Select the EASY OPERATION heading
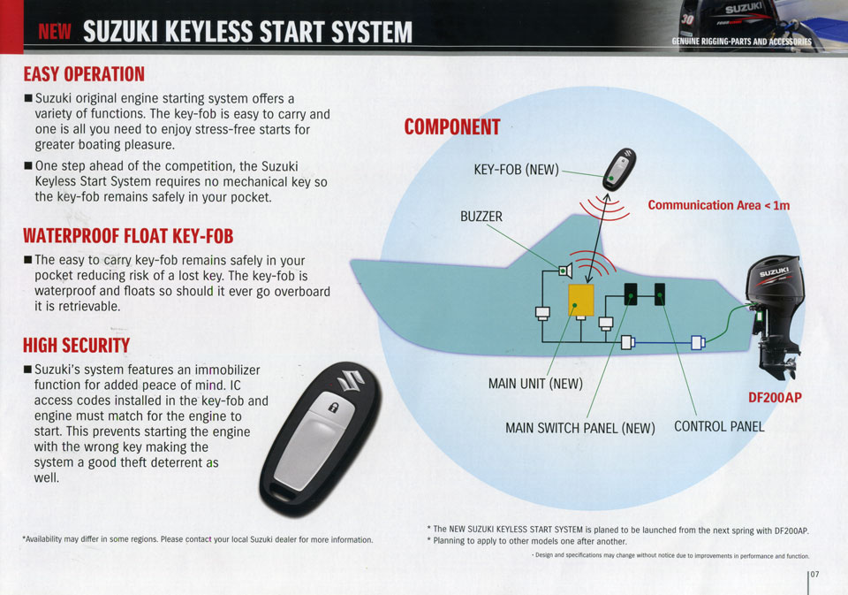pos(84,73)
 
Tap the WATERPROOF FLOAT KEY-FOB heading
pos(128,236)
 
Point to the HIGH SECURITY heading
pos(76,344)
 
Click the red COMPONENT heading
pos(451,127)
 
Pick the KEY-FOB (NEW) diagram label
pos(516,169)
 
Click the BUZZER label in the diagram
pos(481,216)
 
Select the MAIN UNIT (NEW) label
pos(535,384)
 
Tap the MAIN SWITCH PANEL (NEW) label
pos(579,428)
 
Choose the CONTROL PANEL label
pos(719,426)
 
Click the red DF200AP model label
pos(774,397)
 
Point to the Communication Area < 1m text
pos(718,205)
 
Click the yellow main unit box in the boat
pos(580,301)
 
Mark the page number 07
pos(814,574)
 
